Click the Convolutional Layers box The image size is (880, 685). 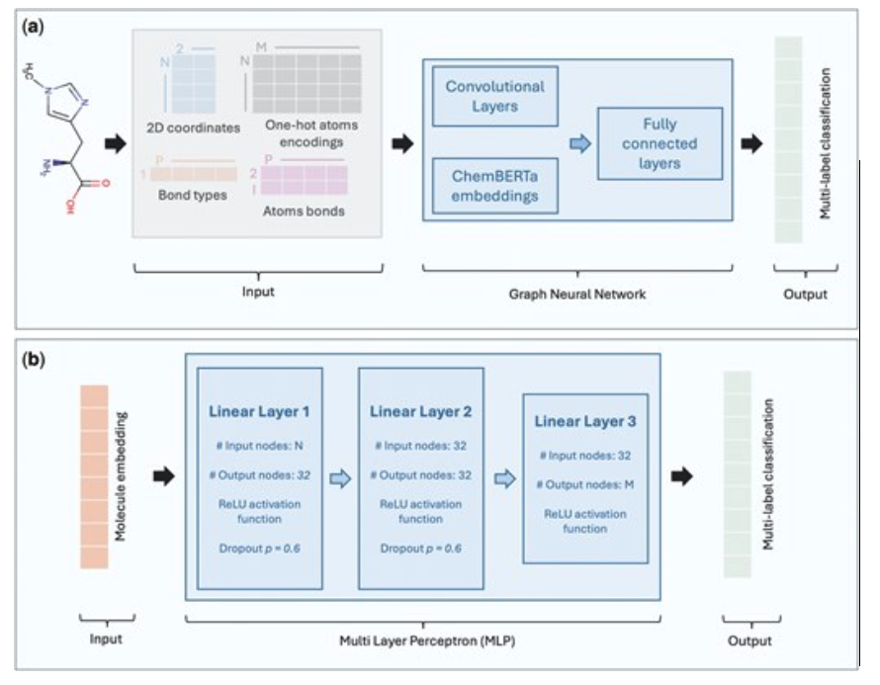(x=495, y=96)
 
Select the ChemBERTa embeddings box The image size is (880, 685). (x=495, y=187)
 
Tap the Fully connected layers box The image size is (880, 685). (x=660, y=143)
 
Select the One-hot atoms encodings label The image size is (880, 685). (x=311, y=134)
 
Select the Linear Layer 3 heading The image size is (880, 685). (x=586, y=422)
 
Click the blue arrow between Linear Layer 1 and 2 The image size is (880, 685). (x=339, y=478)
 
